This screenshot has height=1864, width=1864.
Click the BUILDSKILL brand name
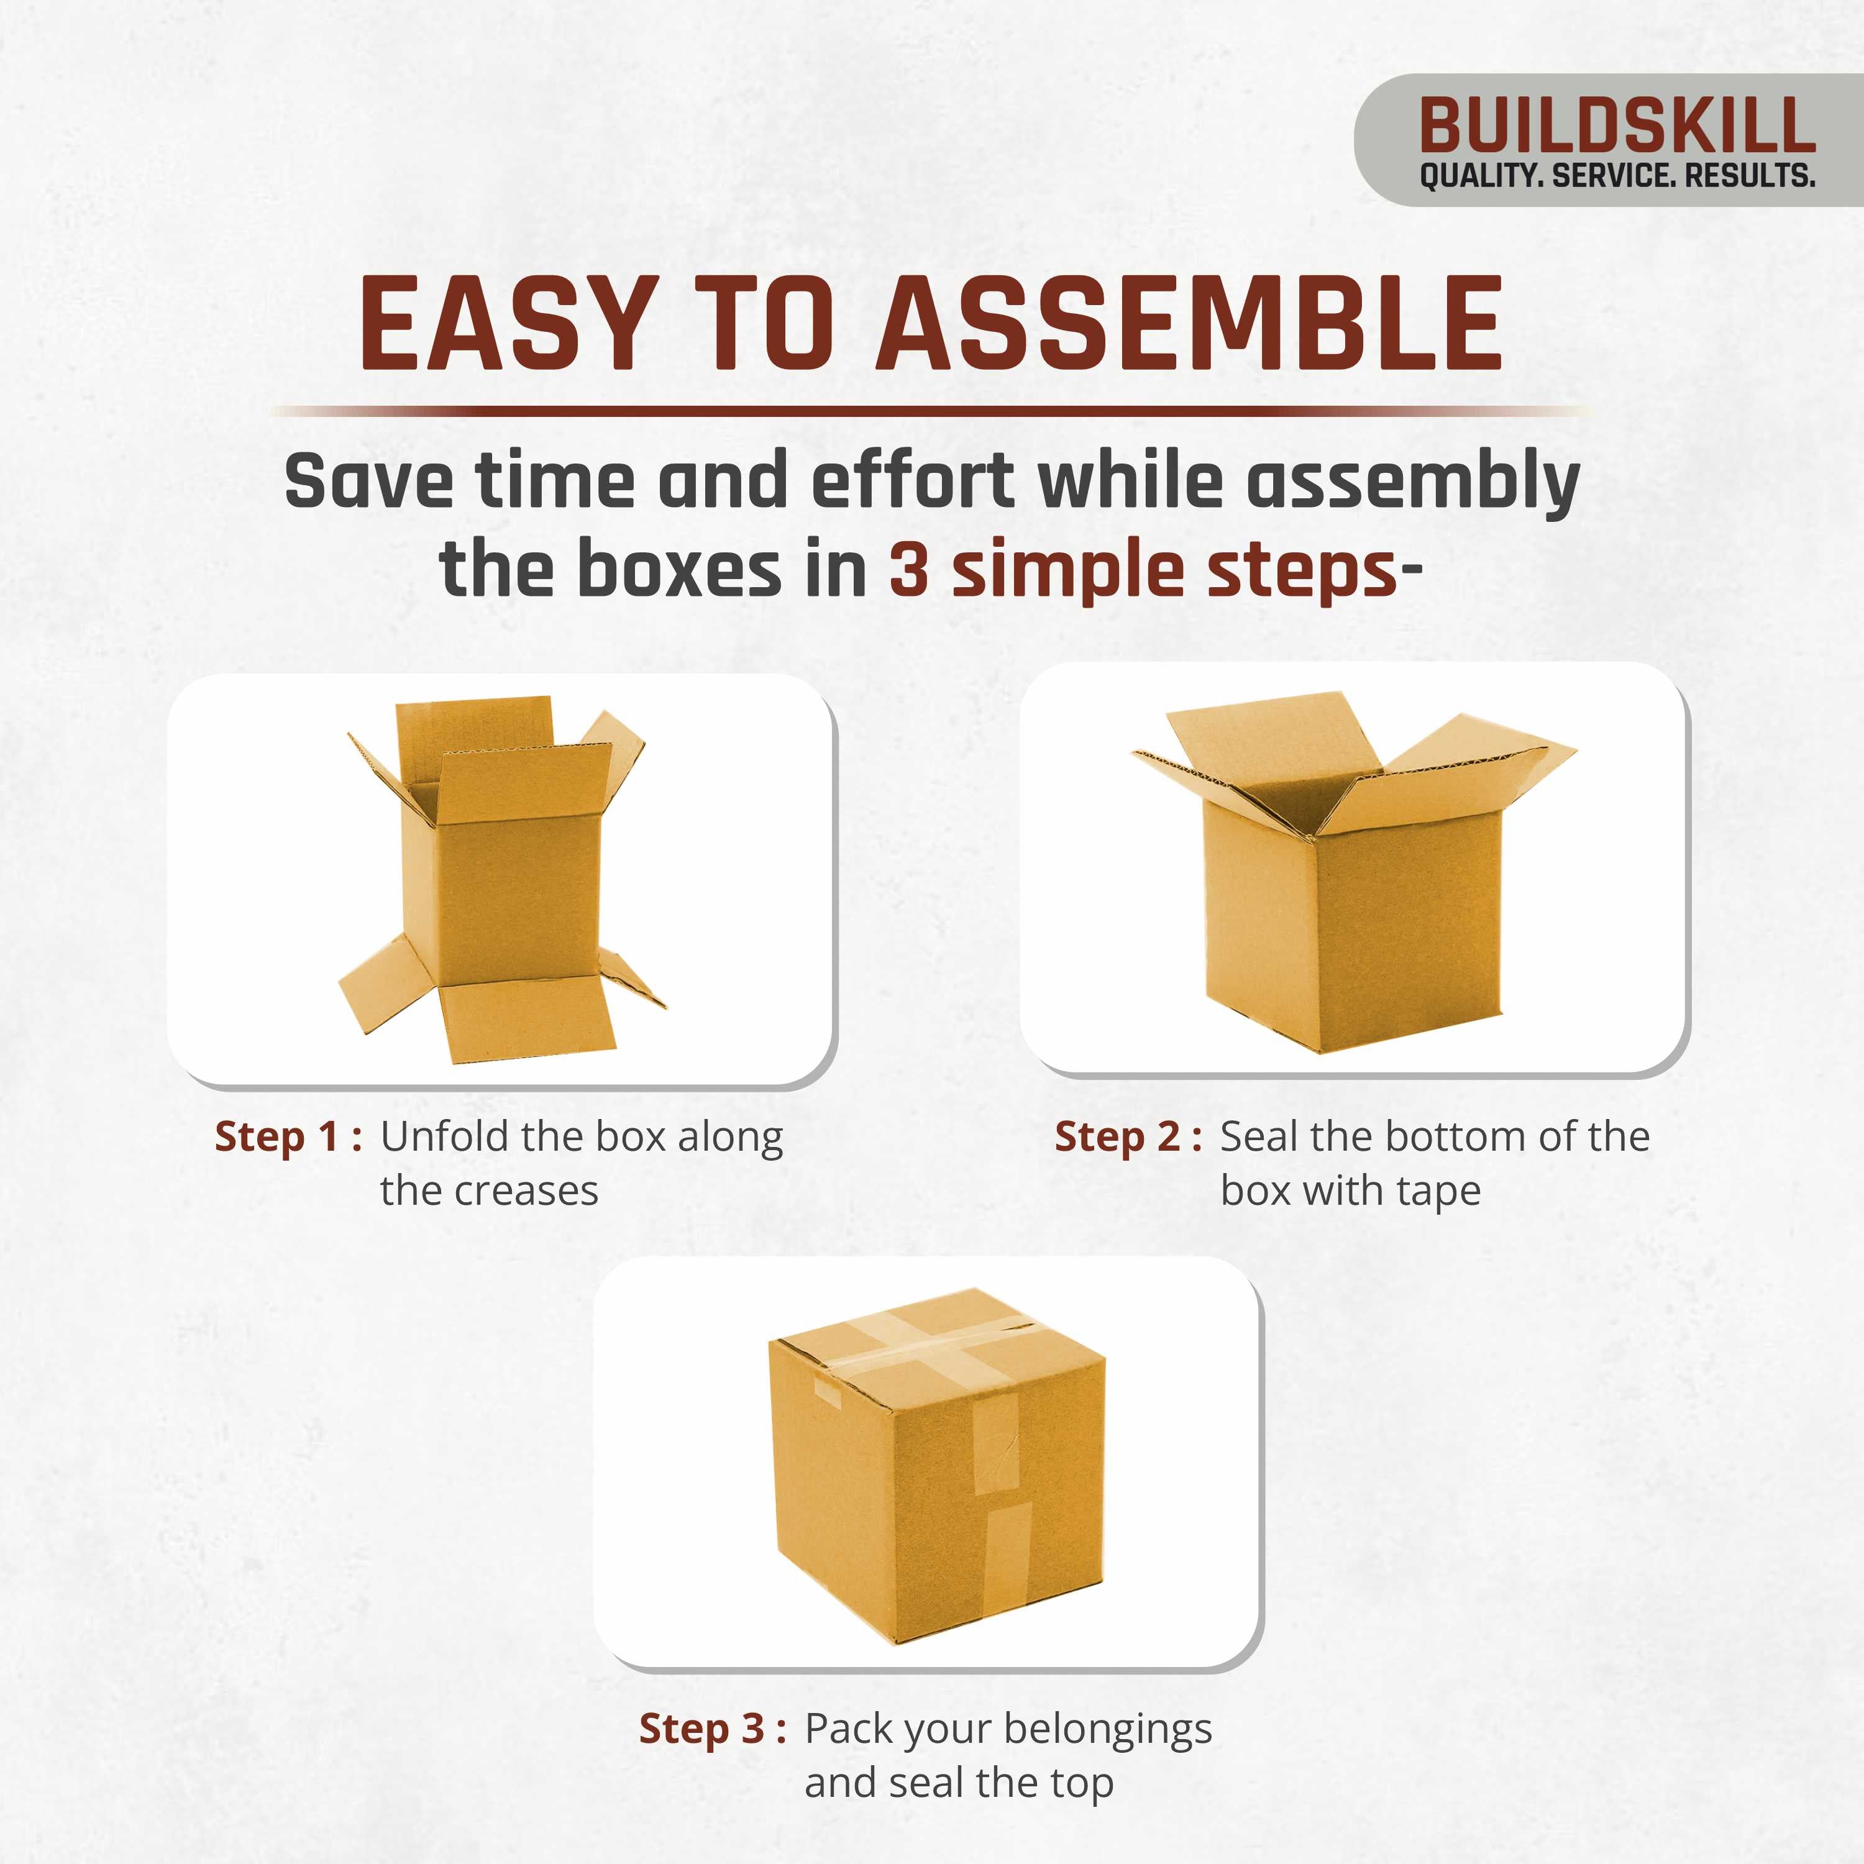[x=1617, y=126]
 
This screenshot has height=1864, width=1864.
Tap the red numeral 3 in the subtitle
[x=908, y=571]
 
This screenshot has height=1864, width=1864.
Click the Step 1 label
[x=288, y=1136]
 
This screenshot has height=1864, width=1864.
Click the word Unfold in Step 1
[x=442, y=1136]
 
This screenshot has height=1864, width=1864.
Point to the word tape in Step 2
[x=1438, y=1192]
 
